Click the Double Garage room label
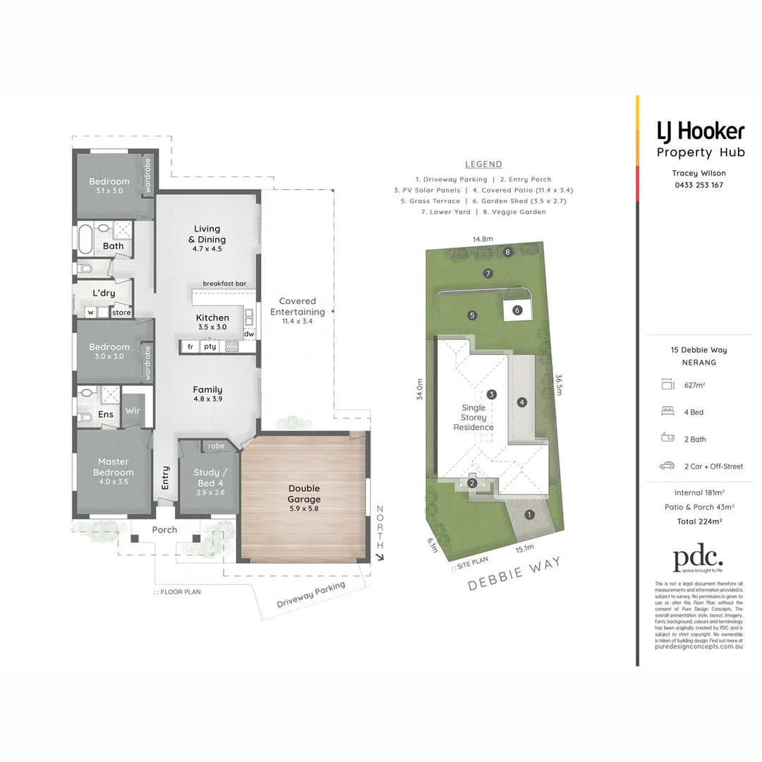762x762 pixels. tap(303, 494)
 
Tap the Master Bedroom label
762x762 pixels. tap(113, 467)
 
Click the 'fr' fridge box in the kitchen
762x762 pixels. tap(190, 346)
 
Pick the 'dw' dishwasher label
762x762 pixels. tap(249, 334)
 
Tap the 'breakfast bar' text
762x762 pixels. tap(224, 284)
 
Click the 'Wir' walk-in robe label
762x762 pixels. tap(132, 411)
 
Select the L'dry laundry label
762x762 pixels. tap(104, 293)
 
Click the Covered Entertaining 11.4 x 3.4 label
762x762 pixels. tap(302, 311)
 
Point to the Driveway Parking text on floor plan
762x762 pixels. tap(311, 595)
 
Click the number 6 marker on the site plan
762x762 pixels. tap(517, 310)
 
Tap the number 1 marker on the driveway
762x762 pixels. tap(529, 514)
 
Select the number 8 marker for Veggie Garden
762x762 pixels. tap(507, 252)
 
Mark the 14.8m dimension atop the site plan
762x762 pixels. tap(483, 239)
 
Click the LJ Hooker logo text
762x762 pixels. tap(700, 131)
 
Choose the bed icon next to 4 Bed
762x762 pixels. tap(667, 412)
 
